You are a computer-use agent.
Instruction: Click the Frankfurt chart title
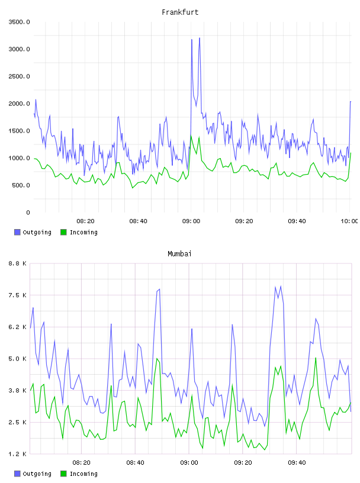click(x=180, y=12)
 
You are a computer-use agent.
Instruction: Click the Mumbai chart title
click(x=179, y=254)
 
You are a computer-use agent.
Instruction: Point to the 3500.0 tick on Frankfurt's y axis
click(x=19, y=22)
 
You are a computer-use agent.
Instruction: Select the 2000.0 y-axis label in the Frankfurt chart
click(x=19, y=104)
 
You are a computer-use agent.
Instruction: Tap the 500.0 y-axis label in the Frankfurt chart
click(x=21, y=185)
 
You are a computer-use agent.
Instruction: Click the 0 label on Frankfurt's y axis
click(x=28, y=212)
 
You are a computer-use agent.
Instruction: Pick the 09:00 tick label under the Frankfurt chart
click(x=191, y=221)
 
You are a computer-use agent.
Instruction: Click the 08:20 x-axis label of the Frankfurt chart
click(x=85, y=221)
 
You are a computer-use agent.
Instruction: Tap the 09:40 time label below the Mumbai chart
click(x=297, y=462)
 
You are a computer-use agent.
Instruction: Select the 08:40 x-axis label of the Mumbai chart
click(x=136, y=462)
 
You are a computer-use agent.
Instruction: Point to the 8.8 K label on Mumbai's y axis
click(x=18, y=263)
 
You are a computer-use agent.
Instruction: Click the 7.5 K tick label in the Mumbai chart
click(x=18, y=295)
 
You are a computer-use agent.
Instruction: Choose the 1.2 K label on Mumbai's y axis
click(x=18, y=454)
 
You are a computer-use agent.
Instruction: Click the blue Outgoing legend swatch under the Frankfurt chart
click(x=17, y=232)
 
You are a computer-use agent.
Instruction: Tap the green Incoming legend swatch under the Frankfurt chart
click(x=63, y=232)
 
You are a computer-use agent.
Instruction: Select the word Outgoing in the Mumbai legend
click(x=37, y=474)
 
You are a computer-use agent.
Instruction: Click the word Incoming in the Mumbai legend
click(x=83, y=474)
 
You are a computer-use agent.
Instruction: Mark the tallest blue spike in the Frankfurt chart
click(x=200, y=38)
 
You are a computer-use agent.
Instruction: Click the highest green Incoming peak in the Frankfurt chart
click(x=191, y=136)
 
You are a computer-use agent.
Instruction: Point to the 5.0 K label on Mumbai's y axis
click(x=18, y=359)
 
